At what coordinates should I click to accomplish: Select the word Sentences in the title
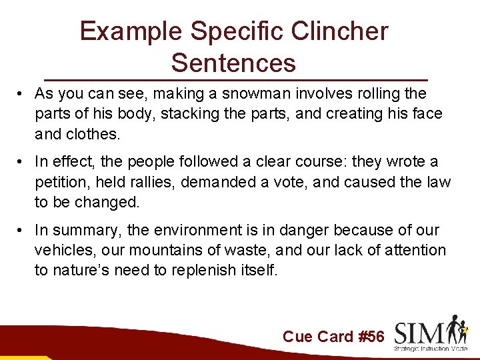coord(233,63)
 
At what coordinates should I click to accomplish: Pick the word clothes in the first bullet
coord(91,134)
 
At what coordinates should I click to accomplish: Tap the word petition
coord(60,183)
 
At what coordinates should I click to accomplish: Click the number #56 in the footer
coord(371,337)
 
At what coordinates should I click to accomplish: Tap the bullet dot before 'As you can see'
coord(22,94)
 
